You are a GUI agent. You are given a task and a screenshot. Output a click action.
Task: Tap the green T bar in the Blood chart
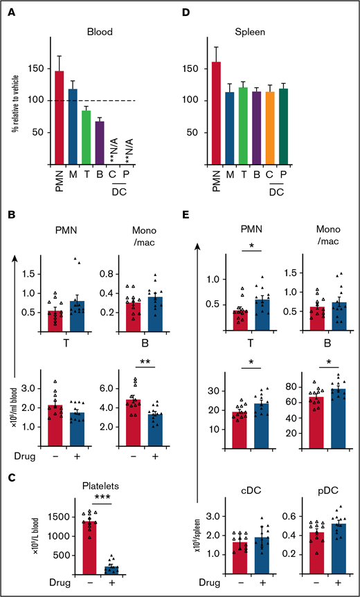87,136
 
